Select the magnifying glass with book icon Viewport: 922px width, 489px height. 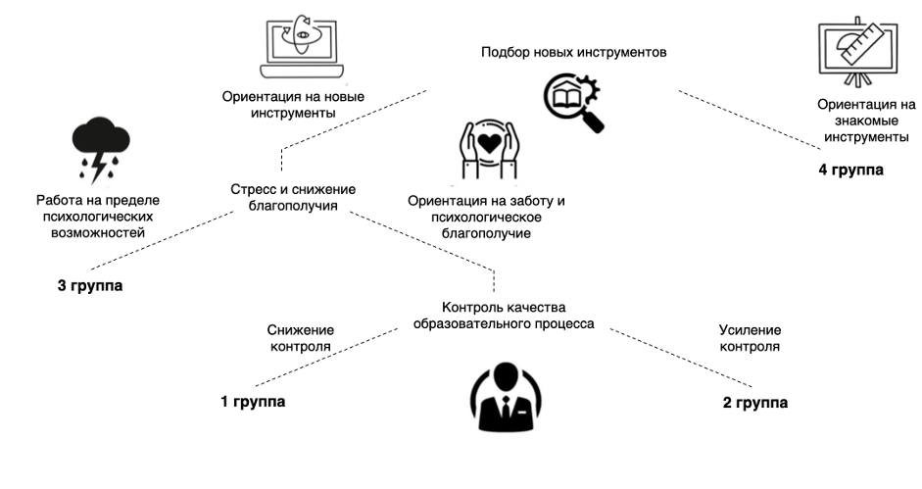(573, 104)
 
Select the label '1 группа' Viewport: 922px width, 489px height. (253, 402)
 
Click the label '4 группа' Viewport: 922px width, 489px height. (850, 170)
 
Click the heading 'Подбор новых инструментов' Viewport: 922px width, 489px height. (574, 52)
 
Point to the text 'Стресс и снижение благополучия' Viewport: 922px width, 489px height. (292, 197)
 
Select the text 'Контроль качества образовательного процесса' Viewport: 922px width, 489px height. (503, 315)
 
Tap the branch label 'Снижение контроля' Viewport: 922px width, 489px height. (300, 338)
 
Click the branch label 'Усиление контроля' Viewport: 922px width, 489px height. (751, 338)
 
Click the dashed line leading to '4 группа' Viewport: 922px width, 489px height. (750, 119)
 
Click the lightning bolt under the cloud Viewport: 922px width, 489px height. (98, 167)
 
